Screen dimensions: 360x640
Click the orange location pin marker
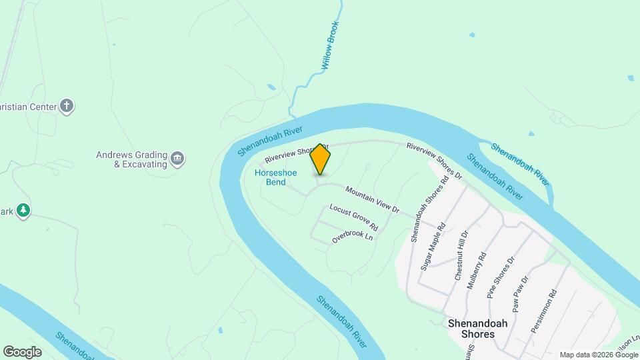pyautogui.click(x=320, y=159)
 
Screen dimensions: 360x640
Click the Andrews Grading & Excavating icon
pyautogui.click(x=178, y=159)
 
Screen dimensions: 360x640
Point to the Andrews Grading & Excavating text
pyautogui.click(x=131, y=159)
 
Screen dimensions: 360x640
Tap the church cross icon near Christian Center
pyautogui.click(x=66, y=105)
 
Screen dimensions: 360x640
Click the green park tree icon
pyautogui.click(x=23, y=211)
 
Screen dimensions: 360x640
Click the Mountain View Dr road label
pyautogui.click(x=372, y=199)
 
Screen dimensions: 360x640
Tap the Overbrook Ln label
pyautogui.click(x=351, y=236)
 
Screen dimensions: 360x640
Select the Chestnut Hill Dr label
pyautogui.click(x=462, y=255)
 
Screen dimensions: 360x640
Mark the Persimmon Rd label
pyautogui.click(x=543, y=311)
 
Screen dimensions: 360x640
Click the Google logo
pyautogui.click(x=22, y=352)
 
